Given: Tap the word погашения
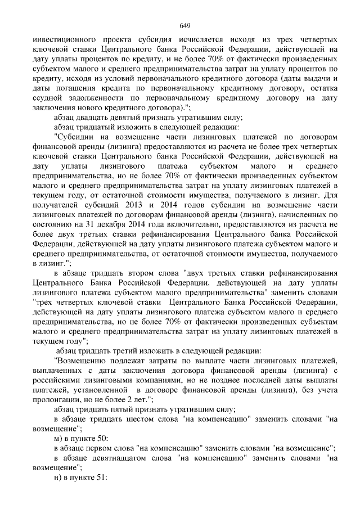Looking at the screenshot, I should click(64, 88).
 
